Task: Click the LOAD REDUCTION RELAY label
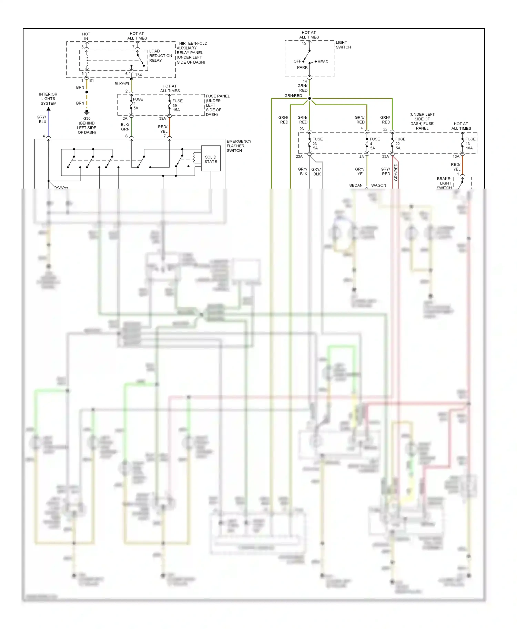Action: point(160,56)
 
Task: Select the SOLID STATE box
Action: point(210,159)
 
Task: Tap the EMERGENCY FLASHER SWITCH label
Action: point(239,146)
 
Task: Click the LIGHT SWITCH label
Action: point(343,45)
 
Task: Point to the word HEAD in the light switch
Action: point(323,62)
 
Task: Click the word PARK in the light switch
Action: point(302,67)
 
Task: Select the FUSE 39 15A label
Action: point(177,105)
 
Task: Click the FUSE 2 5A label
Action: point(137,104)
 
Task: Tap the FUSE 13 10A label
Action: point(470,143)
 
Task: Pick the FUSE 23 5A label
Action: point(317,143)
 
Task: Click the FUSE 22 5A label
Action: point(399,143)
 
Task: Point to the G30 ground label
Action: point(87,125)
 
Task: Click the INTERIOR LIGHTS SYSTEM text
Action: point(48,99)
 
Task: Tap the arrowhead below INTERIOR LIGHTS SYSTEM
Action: point(49,109)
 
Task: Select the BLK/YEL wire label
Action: point(122,84)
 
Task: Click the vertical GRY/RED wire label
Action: point(396,172)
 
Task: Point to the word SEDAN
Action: point(356,185)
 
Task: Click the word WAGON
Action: point(378,185)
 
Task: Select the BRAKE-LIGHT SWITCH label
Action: point(444,183)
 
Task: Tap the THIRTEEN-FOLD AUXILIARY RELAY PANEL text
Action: point(191,53)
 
